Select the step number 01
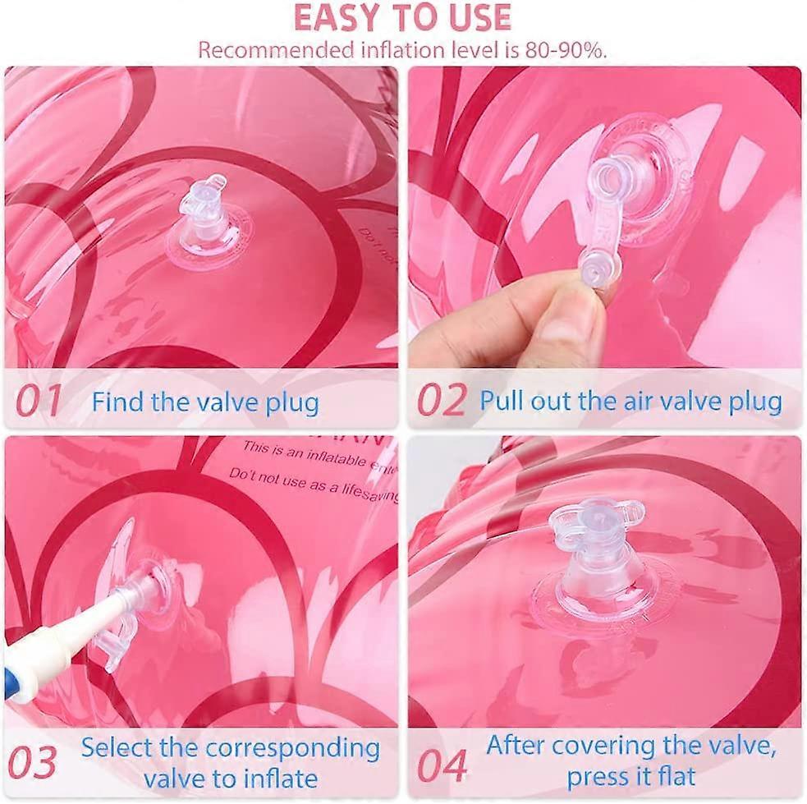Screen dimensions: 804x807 pos(39,401)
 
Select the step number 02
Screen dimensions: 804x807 pos(441,401)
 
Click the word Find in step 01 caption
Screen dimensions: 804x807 pos(112,402)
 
